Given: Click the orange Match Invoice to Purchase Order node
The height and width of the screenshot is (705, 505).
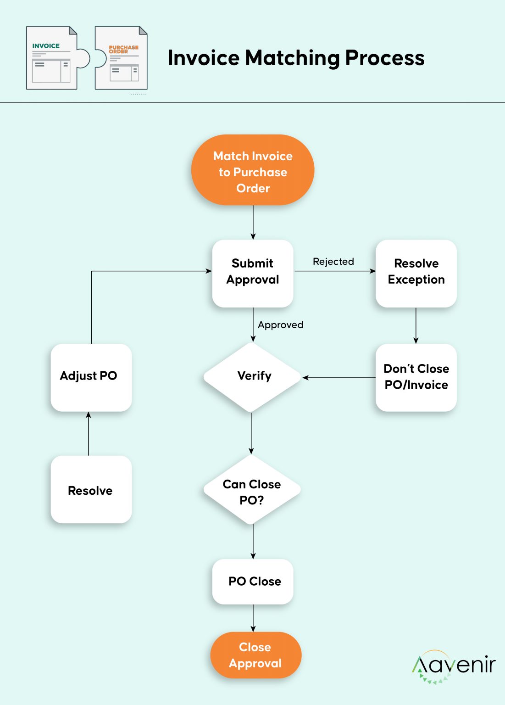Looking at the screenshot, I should (x=253, y=170).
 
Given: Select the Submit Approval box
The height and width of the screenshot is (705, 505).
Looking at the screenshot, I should (x=253, y=273).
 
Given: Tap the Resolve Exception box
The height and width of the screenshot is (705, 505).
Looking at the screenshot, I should (x=416, y=273).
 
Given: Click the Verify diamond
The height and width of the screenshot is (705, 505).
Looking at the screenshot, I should (x=253, y=377).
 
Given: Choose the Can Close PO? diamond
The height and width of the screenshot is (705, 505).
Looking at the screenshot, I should (x=252, y=491).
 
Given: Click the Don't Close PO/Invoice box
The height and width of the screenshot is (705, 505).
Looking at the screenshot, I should (x=416, y=377).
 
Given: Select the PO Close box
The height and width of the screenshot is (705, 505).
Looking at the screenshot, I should (x=253, y=582).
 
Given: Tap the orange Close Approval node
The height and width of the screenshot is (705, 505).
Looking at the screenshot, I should (x=255, y=655).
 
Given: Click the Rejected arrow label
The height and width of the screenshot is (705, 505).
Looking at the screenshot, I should (x=333, y=262).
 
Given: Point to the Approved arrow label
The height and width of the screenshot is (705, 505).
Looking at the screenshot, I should (x=281, y=325).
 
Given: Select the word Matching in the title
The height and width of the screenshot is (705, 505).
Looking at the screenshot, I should (x=293, y=59).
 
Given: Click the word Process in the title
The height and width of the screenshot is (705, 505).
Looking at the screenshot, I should (x=385, y=58).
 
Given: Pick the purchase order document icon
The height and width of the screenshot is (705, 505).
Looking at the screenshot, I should (x=122, y=58).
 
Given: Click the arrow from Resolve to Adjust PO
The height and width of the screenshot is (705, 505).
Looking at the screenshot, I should (x=89, y=434).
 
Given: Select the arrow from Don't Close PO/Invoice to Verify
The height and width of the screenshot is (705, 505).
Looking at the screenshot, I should (x=339, y=378).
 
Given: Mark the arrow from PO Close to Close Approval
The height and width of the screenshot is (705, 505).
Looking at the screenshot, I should (x=253, y=618).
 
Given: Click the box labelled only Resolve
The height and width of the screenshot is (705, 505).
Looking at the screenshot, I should (x=91, y=490).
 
